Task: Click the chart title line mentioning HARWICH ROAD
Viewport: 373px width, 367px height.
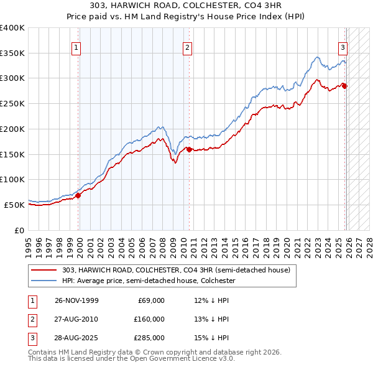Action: [x=186, y=6]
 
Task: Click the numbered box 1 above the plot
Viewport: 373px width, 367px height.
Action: [x=76, y=46]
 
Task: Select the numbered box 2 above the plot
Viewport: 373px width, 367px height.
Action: [x=187, y=46]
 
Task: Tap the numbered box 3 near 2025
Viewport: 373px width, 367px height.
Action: [x=343, y=46]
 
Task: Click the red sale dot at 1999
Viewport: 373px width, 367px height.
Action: [x=78, y=195]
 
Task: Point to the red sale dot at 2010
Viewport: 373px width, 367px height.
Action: [x=189, y=149]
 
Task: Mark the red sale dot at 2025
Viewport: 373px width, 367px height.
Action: [x=345, y=86]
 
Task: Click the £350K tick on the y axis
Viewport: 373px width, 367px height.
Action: [x=12, y=53]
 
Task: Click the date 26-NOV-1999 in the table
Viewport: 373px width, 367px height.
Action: [x=76, y=300]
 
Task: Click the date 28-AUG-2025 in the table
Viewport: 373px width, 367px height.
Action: [x=76, y=338]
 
